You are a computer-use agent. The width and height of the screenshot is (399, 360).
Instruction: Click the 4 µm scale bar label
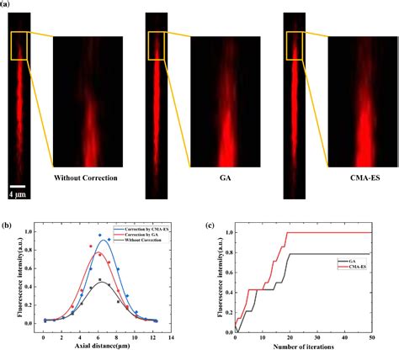click(18, 193)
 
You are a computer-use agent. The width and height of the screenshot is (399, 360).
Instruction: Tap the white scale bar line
click(18, 185)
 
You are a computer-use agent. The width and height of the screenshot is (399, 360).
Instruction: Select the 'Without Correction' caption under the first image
click(85, 178)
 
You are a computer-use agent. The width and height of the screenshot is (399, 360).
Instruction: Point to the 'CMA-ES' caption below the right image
click(357, 178)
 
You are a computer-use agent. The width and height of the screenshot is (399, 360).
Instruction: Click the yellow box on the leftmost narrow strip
click(19, 46)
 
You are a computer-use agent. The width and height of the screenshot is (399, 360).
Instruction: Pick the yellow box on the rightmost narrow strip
click(295, 46)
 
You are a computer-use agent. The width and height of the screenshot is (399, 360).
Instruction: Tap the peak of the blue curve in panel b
click(104, 241)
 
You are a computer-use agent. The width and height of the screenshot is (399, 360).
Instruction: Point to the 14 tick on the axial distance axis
click(171, 338)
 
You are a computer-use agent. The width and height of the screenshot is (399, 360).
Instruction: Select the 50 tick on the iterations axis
click(370, 338)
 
